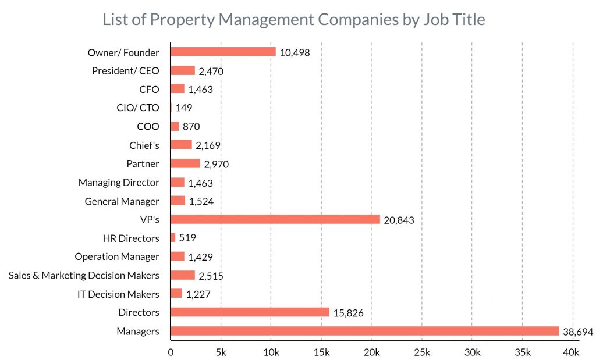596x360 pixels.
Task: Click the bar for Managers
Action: tap(364, 331)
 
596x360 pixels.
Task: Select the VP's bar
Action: tap(275, 219)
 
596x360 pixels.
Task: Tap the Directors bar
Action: tap(250, 312)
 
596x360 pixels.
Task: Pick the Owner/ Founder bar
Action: tap(223, 52)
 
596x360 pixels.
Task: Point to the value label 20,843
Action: tap(399, 220)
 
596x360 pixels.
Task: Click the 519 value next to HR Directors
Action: tap(189, 238)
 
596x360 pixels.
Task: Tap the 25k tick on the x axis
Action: tap(422, 352)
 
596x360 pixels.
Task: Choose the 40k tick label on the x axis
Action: tap(571, 352)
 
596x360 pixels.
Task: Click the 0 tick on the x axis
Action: tap(171, 352)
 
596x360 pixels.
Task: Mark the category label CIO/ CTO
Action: tap(137, 108)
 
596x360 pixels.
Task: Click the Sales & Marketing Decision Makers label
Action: tap(84, 275)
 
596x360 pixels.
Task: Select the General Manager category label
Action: tap(122, 201)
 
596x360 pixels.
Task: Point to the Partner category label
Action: tap(143, 163)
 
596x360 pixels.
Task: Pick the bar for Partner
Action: tap(185, 163)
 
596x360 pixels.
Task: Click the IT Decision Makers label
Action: tap(118, 294)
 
